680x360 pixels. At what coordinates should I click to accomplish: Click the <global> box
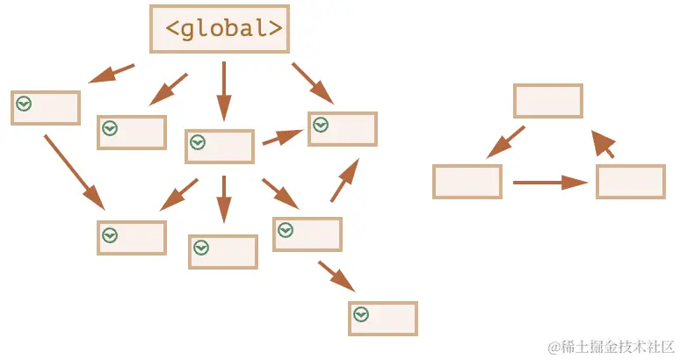[220, 28]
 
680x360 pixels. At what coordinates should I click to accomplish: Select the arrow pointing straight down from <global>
[223, 90]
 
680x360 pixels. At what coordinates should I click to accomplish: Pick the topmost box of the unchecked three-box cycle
[547, 101]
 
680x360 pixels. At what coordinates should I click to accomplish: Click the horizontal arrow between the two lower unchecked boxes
[549, 183]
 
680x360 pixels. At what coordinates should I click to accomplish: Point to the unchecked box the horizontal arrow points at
[630, 182]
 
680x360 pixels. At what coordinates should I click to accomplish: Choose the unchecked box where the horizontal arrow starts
[467, 182]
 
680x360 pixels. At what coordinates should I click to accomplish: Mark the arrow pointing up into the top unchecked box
[603, 144]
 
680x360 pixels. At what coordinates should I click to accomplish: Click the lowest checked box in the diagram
[382, 319]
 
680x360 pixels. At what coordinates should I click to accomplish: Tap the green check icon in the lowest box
[360, 314]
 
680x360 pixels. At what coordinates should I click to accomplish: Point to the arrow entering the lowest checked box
[336, 275]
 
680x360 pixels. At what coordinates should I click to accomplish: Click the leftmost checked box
[46, 108]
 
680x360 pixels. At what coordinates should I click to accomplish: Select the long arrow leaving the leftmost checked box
[74, 171]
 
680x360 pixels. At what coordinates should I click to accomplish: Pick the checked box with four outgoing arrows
[219, 147]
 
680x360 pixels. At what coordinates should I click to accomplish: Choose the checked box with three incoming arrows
[342, 129]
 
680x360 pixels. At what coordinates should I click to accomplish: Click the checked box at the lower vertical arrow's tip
[222, 252]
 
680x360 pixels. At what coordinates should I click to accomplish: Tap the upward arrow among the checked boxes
[344, 181]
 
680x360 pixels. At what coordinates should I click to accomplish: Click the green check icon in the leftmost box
[24, 104]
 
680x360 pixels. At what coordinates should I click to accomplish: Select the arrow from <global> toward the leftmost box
[112, 73]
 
